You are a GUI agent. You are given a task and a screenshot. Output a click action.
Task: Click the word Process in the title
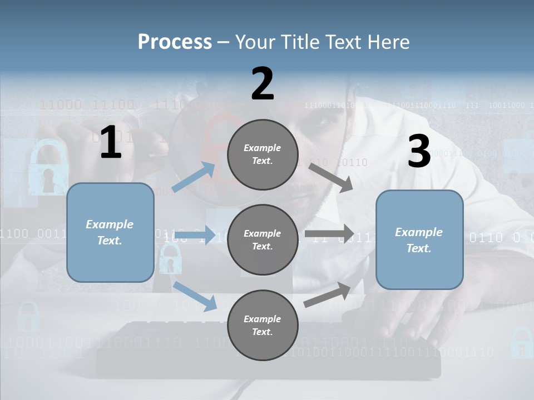(175, 42)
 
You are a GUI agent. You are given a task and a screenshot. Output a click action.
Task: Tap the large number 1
(111, 143)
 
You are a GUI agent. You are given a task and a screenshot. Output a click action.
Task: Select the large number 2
(263, 84)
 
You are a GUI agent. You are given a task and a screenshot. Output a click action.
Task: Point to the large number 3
(419, 151)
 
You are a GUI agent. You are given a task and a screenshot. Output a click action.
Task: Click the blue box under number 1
(110, 232)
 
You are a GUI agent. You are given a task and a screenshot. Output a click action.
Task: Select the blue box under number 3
(419, 239)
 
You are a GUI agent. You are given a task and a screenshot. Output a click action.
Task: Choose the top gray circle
(263, 154)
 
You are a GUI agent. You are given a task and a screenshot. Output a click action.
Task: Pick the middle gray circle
(263, 239)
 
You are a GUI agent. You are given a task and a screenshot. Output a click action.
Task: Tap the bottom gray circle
(263, 325)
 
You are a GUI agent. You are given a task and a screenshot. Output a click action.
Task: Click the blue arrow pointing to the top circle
(194, 177)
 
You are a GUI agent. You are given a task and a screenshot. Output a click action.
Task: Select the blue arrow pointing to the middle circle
(198, 235)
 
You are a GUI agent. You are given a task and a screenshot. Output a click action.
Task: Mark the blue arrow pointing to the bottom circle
(195, 295)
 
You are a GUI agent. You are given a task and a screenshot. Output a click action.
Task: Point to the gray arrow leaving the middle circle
(329, 233)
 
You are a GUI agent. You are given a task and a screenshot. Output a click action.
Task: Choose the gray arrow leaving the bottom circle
(328, 294)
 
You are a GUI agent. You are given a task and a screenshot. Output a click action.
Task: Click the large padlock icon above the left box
(48, 168)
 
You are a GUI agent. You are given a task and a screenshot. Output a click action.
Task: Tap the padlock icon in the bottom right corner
(521, 343)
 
